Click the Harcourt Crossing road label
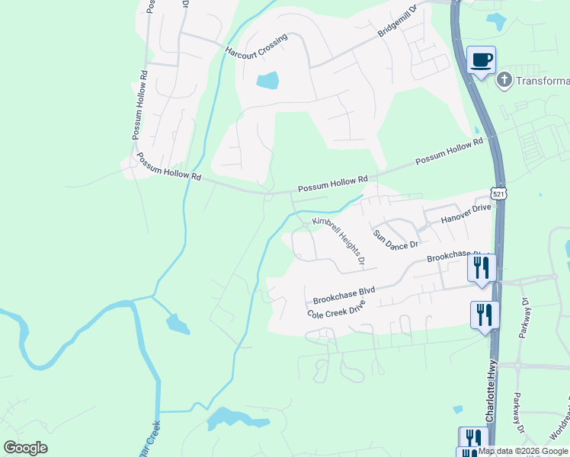[255, 46]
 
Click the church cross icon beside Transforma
[504, 80]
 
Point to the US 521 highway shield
[498, 194]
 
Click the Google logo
[25, 448]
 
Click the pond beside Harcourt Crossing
[267, 80]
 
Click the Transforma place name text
[543, 81]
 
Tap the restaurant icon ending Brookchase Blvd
[481, 267]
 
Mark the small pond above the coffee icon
[497, 21]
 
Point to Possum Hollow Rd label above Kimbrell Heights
[332, 184]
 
